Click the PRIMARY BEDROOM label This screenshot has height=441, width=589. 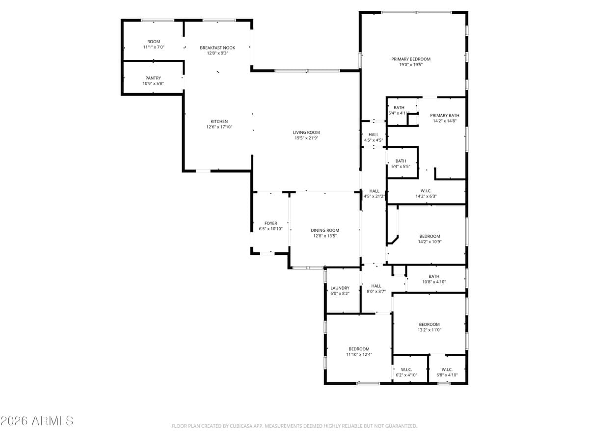411,59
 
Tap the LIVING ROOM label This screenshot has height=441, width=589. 306,132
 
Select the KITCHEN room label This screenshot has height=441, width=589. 219,122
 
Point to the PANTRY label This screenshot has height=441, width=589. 153,78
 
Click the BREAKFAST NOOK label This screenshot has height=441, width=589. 217,48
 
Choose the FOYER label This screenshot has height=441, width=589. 271,223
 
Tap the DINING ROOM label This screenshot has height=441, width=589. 325,230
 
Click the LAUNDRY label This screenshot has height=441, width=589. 340,288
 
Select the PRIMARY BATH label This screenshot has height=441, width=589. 445,115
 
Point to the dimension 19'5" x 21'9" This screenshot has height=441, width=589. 306,138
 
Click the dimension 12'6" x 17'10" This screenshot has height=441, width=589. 219,127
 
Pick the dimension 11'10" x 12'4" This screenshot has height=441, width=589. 359,354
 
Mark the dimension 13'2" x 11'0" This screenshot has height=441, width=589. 429,330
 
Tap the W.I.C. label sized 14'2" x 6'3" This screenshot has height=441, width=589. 426,191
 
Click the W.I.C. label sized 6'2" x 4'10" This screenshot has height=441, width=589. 406,369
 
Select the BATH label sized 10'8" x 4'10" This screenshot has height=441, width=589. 434,276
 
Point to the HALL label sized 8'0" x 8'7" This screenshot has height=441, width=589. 376,286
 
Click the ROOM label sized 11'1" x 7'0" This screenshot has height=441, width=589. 154,42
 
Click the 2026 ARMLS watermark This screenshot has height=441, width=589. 37,421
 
